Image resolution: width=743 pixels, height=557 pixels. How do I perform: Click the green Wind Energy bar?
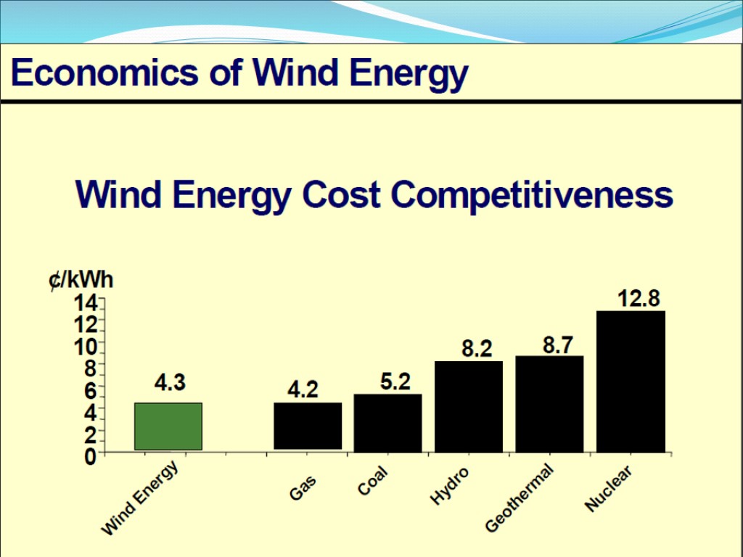pyautogui.click(x=168, y=426)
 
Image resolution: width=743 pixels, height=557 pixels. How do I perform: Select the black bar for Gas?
pyautogui.click(x=308, y=426)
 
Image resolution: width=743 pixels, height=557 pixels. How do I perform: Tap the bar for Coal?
pyautogui.click(x=387, y=423)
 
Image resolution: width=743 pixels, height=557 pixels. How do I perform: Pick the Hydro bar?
pyautogui.click(x=469, y=406)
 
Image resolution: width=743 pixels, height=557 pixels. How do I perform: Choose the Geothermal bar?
pyautogui.click(x=549, y=403)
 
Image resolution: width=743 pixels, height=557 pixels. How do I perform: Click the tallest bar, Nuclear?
pyautogui.click(x=631, y=381)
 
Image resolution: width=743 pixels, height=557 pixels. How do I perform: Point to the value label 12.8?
pyautogui.click(x=639, y=298)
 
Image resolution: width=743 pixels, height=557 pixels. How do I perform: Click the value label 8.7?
pyautogui.click(x=558, y=346)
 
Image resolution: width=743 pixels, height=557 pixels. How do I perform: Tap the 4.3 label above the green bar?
pyautogui.click(x=170, y=382)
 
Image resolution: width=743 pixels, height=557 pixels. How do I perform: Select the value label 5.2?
pyautogui.click(x=395, y=381)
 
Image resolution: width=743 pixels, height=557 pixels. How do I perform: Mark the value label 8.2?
pyautogui.click(x=477, y=350)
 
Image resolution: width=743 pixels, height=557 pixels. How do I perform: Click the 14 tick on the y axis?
pyautogui.click(x=84, y=302)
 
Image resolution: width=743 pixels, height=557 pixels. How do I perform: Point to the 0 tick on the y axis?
pyautogui.click(x=90, y=457)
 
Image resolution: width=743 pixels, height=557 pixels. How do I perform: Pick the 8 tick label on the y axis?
pyautogui.click(x=90, y=368)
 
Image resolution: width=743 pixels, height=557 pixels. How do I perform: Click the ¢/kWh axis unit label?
pyautogui.click(x=81, y=280)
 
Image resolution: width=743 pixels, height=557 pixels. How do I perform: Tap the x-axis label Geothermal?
pyautogui.click(x=519, y=499)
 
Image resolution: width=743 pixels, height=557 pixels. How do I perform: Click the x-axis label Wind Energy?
pyautogui.click(x=140, y=500)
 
